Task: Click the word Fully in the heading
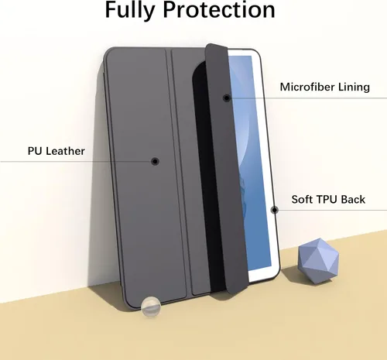pyautogui.click(x=130, y=11)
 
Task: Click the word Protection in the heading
pyautogui.click(x=219, y=10)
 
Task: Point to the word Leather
pyautogui.click(x=65, y=151)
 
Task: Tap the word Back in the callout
pyautogui.click(x=353, y=200)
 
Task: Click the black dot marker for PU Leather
pyautogui.click(x=155, y=161)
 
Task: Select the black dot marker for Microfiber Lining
pyautogui.click(x=227, y=98)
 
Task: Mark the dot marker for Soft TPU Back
pyautogui.click(x=275, y=210)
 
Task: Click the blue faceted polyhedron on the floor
pyautogui.click(x=318, y=261)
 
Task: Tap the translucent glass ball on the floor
pyautogui.click(x=151, y=307)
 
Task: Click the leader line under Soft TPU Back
pyautogui.click(x=330, y=210)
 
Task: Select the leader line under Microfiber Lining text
pyautogui.click(x=307, y=98)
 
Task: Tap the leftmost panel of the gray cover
pyautogui.click(x=145, y=176)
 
